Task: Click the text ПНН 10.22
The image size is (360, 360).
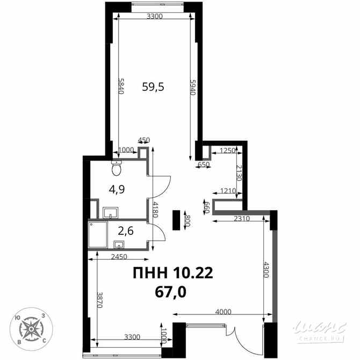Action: pos(173,273)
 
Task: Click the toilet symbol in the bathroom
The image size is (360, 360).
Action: pos(116,169)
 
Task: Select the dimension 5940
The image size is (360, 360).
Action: pos(193,87)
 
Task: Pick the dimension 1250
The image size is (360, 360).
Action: pos(228,151)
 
